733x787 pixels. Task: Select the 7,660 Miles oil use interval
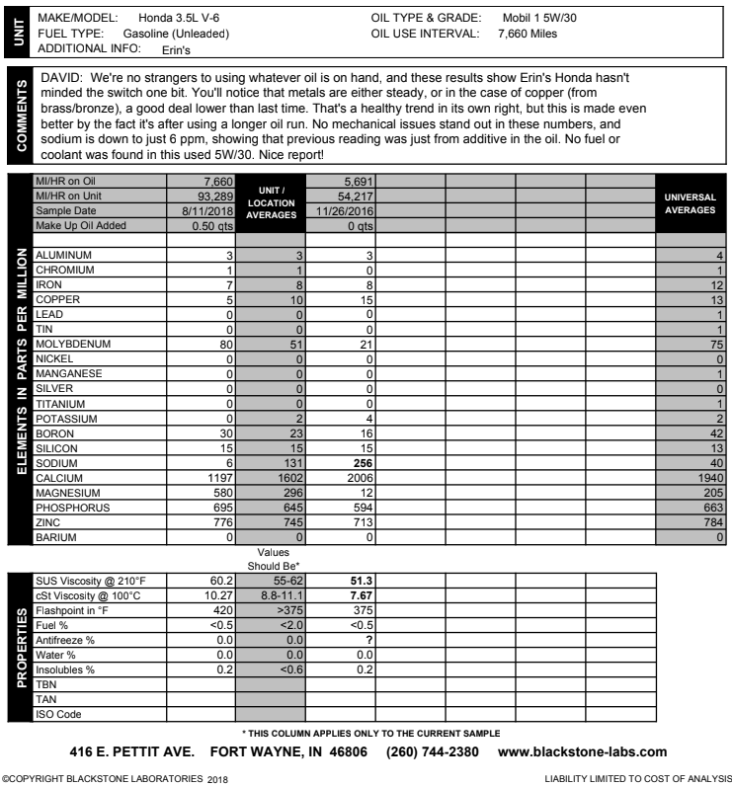[522, 34]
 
